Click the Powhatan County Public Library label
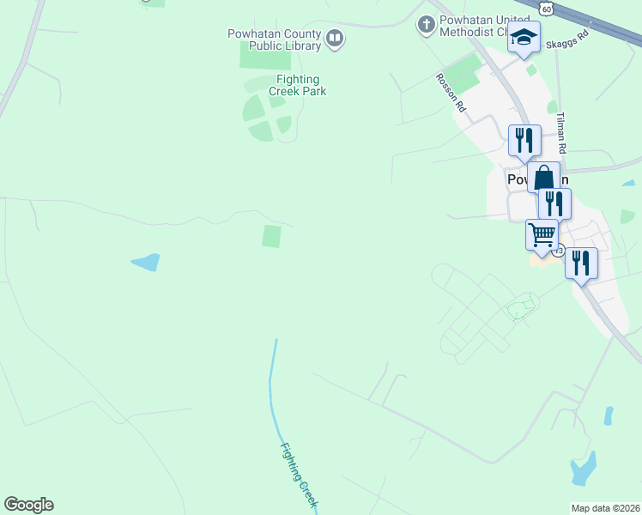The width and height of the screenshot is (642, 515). coord(274,39)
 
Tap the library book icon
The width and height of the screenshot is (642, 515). coord(335,38)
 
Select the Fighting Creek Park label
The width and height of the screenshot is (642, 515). coord(297,85)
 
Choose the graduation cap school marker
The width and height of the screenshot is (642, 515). coord(524,38)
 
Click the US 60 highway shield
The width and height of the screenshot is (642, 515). coord(548,7)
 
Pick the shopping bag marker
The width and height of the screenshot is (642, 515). coord(543,178)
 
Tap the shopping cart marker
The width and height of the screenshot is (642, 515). coord(542,234)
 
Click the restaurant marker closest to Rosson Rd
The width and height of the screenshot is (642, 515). coord(524,140)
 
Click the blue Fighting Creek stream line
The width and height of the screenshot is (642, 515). coord(272,386)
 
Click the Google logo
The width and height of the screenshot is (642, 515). coord(28,505)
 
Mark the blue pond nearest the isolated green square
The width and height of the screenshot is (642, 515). coord(145,262)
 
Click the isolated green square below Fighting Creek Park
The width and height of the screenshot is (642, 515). coord(271,236)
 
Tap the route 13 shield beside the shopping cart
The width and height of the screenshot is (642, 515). coord(559,251)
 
